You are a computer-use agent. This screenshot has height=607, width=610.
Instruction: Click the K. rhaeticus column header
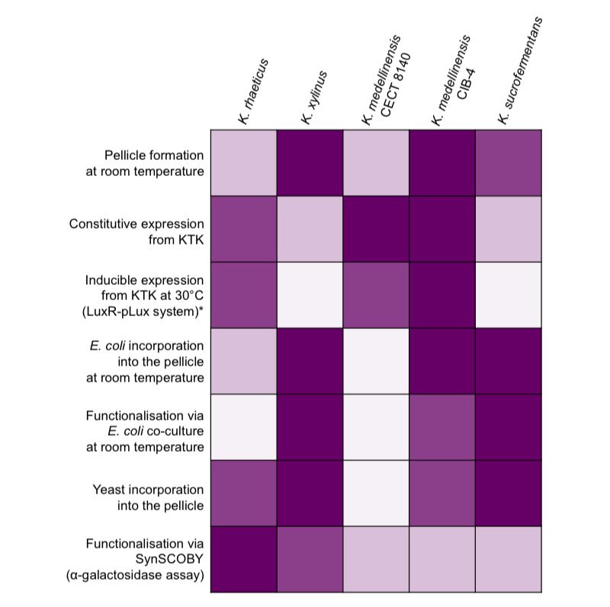(x=255, y=91)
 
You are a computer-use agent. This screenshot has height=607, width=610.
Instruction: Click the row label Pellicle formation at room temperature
(x=145, y=163)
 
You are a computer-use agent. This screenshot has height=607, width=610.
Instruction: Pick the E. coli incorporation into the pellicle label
(x=145, y=360)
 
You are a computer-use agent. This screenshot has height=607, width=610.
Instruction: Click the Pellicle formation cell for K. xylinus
(x=310, y=163)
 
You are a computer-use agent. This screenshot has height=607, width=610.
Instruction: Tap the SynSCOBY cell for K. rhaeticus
(x=243, y=559)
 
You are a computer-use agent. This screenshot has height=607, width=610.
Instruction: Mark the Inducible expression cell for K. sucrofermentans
(x=508, y=295)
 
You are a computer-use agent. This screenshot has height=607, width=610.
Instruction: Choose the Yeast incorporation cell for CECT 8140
(x=376, y=493)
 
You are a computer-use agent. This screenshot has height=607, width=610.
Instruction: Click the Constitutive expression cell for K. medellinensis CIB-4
(x=442, y=228)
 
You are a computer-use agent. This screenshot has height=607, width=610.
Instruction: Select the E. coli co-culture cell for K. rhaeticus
(x=243, y=426)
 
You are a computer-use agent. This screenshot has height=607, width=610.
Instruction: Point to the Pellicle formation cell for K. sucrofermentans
(x=508, y=163)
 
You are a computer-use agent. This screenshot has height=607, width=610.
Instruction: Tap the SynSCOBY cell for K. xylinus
(x=310, y=559)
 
